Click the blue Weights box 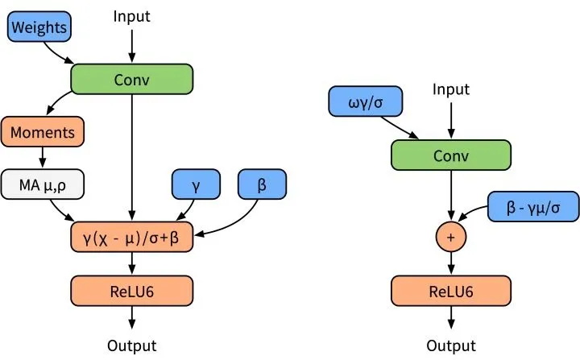tap(38, 28)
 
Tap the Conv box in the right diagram tap(451, 155)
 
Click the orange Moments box tap(42, 131)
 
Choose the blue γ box tap(196, 184)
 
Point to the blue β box tap(261, 184)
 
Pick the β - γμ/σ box tap(532, 208)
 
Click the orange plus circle tap(451, 237)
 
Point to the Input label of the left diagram tap(132, 15)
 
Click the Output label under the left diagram tap(132, 346)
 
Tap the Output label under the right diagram tap(451, 346)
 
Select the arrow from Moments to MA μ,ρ tap(42, 158)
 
